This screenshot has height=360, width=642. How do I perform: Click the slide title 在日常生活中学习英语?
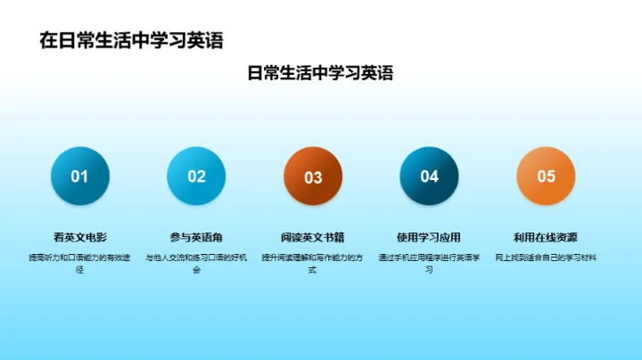131,40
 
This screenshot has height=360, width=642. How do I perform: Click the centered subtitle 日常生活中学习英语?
320,73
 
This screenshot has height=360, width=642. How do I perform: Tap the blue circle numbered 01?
80,176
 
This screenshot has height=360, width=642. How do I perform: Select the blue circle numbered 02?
196,176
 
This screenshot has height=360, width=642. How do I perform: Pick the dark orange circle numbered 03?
313,176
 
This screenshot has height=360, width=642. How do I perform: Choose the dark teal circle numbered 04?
430,176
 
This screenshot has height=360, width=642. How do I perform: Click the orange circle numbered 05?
546,176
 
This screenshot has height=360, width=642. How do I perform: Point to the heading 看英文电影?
80,237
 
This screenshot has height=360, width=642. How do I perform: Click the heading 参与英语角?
196,237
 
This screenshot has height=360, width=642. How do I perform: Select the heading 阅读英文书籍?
313,237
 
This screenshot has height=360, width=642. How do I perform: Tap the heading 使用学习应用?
429,237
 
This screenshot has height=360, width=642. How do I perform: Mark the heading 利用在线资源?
546,237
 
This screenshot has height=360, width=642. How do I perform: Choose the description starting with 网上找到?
546,258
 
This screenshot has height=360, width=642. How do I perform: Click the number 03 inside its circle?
313,177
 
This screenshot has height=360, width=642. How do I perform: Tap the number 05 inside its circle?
546,176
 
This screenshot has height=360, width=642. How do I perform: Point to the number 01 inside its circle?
80,176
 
